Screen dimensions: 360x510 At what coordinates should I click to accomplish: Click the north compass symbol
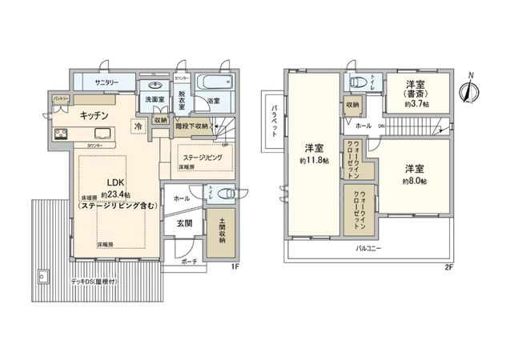click(x=467, y=88)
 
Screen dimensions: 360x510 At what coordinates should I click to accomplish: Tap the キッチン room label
click(x=94, y=115)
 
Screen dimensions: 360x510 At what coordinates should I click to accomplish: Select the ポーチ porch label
click(x=188, y=262)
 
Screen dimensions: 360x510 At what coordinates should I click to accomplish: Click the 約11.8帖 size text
click(x=314, y=160)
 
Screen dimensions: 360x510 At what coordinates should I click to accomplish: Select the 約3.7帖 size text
click(x=416, y=104)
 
